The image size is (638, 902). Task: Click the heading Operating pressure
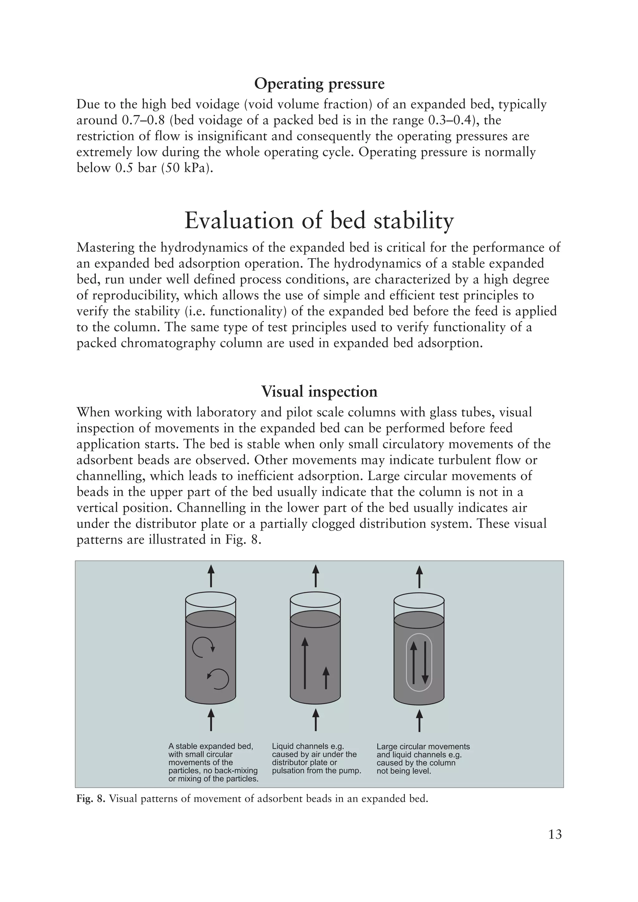319,84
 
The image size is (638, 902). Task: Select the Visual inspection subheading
319,391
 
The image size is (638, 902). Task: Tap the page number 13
555,845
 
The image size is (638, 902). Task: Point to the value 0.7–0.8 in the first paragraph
140,120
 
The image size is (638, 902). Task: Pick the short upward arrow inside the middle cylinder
326,677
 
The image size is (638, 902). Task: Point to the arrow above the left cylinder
211,576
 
